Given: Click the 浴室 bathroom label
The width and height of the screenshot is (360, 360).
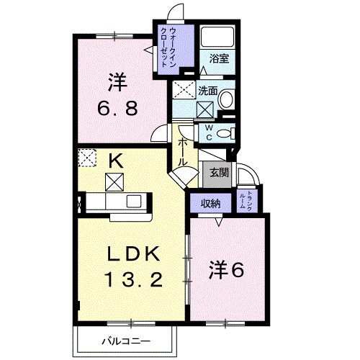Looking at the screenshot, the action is click(219, 58).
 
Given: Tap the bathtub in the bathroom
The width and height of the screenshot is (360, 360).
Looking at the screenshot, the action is click(217, 37).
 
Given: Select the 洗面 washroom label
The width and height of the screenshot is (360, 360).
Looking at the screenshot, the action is click(208, 91).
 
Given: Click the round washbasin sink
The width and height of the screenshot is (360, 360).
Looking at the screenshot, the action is click(226, 99).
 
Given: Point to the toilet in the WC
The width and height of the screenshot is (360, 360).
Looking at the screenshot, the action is click(226, 133).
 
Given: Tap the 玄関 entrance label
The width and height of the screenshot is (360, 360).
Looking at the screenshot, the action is click(219, 172).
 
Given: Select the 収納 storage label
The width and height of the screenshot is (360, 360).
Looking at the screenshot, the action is click(211, 204).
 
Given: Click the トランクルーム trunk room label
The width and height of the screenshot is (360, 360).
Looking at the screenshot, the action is click(246, 201).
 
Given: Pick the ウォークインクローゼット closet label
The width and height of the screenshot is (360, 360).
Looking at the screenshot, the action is click(168, 48).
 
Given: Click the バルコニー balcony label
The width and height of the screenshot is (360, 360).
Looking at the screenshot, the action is click(126, 341).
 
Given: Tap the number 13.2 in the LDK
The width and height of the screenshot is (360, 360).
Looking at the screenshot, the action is click(134, 280).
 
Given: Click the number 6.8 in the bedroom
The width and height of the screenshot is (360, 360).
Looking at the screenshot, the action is click(117, 108).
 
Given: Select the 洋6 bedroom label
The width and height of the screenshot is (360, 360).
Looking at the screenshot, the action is click(226, 270).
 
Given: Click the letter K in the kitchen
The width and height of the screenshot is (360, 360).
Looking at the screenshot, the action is click(116, 161).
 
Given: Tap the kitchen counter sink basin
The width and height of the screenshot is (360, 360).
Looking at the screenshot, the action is click(134, 201).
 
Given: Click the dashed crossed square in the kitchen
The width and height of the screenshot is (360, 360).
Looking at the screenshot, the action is click(87, 158).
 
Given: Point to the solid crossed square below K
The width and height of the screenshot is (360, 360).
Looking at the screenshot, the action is click(114, 182).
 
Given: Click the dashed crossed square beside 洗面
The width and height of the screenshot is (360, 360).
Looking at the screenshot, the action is click(184, 89).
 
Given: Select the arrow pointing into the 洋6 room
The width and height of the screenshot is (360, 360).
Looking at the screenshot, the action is click(218, 222).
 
